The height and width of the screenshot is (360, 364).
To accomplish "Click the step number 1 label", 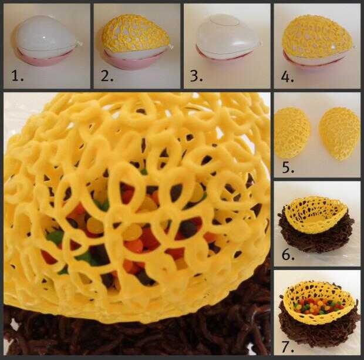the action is click(x=18, y=76).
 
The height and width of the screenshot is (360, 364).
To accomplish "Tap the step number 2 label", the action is click(x=107, y=76).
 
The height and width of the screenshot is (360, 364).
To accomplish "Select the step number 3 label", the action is click(x=197, y=76).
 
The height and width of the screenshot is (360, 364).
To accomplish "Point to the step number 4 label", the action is click(x=288, y=77).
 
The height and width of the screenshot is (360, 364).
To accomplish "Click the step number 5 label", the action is click(x=288, y=167).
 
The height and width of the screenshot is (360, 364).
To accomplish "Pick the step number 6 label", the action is click(x=288, y=254).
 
